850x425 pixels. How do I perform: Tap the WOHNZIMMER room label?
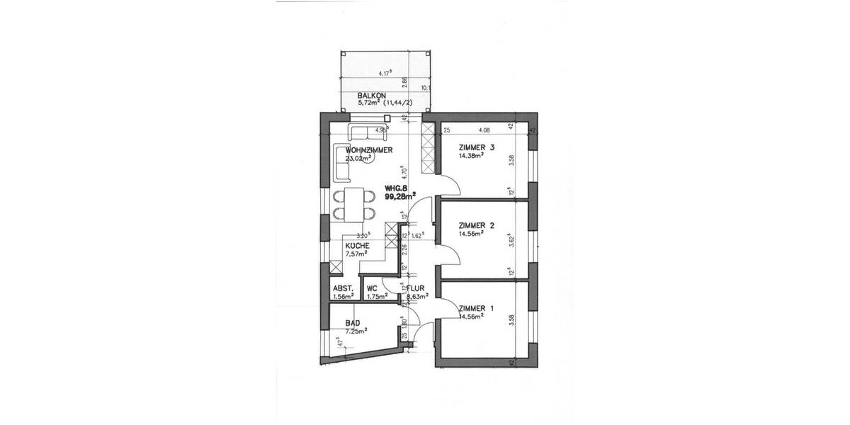tap(368, 151)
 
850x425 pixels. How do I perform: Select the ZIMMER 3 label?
tap(476, 147)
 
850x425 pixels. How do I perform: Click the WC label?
tap(371, 289)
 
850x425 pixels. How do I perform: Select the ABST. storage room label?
tap(344, 289)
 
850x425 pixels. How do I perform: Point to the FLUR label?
tap(414, 289)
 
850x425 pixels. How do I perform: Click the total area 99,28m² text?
tap(399, 196)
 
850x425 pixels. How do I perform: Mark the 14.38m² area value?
tap(472, 157)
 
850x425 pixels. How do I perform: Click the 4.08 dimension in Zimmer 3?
tap(485, 130)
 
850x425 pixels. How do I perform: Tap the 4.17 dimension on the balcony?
tap(386, 72)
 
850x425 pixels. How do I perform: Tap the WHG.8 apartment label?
tap(395, 188)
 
